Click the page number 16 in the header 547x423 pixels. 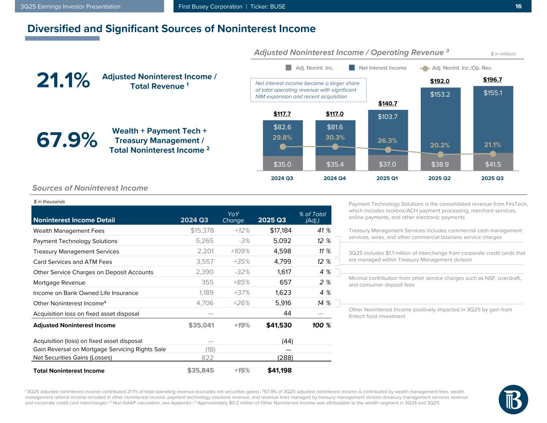pyautogui.click(x=518, y=6)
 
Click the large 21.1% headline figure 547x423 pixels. pyautogui.click(x=63, y=81)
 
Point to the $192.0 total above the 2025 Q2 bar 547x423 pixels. pyautogui.click(x=440, y=81)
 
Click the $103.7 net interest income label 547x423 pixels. pyautogui.click(x=388, y=117)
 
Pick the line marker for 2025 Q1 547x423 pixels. pyautogui.click(x=388, y=150)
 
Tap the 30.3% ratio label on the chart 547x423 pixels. pyautogui.click(x=335, y=137)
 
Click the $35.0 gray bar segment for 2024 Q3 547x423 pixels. pyautogui.click(x=283, y=164)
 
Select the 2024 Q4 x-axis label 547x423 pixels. pyautogui.click(x=335, y=178)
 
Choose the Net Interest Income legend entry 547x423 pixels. pyautogui.click(x=378, y=68)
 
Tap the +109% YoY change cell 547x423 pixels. pyautogui.click(x=240, y=251)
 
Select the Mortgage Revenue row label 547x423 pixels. pyautogui.click(x=59, y=283)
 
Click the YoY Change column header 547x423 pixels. pyautogui.click(x=233, y=217)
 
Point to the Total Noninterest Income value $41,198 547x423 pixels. pyautogui.click(x=279, y=370)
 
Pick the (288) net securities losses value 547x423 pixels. pyautogui.click(x=285, y=358)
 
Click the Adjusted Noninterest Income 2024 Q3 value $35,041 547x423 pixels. pyautogui.click(x=201, y=325)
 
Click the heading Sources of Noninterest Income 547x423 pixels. pyautogui.click(x=90, y=188)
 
